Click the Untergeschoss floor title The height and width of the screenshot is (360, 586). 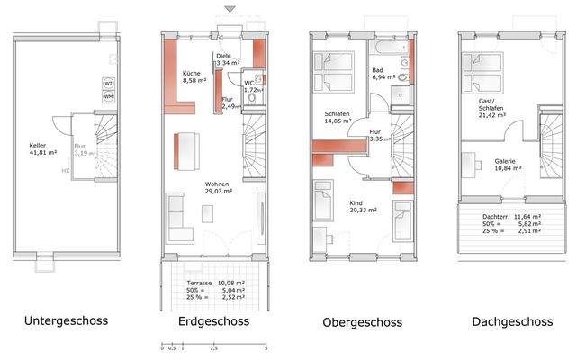(67, 320)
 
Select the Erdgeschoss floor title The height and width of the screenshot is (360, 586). (210, 320)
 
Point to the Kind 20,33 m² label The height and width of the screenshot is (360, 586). (362, 207)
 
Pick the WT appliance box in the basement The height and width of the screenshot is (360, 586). (109, 82)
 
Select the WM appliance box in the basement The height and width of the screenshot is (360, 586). (109, 95)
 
